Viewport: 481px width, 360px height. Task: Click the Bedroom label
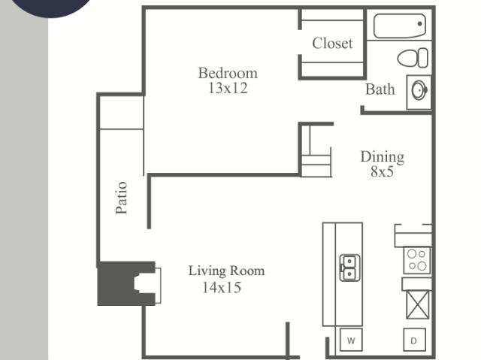pyautogui.click(x=228, y=74)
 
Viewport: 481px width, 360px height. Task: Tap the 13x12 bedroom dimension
pyautogui.click(x=228, y=89)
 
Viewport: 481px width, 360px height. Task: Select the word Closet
pyautogui.click(x=332, y=44)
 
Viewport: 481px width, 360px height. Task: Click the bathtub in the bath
pyautogui.click(x=400, y=26)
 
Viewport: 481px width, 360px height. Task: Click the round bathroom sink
pyautogui.click(x=419, y=90)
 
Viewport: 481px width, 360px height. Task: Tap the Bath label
pyautogui.click(x=380, y=89)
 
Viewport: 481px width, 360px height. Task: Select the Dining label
pyautogui.click(x=383, y=156)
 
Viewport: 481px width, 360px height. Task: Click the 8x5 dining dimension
pyautogui.click(x=382, y=171)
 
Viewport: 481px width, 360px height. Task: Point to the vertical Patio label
pyautogui.click(x=122, y=198)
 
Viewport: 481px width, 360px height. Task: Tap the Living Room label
pyautogui.click(x=226, y=271)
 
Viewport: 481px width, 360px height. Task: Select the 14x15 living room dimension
pyautogui.click(x=222, y=287)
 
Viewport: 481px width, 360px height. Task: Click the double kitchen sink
pyautogui.click(x=349, y=268)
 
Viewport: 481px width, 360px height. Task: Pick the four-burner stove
pyautogui.click(x=417, y=260)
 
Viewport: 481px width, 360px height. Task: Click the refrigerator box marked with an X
pyautogui.click(x=417, y=305)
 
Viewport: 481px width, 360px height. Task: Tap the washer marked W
pyautogui.click(x=351, y=340)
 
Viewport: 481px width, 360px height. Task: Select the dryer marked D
pyautogui.click(x=414, y=340)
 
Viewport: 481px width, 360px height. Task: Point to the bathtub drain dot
pyautogui.click(x=419, y=24)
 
